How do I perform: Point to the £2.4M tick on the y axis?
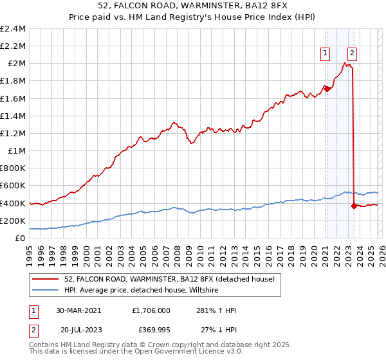pyautogui.click(x=13, y=29)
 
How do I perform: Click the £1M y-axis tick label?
pyautogui.click(x=17, y=151)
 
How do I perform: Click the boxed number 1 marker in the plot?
pyautogui.click(x=326, y=53)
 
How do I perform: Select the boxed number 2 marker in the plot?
pyautogui.click(x=353, y=53)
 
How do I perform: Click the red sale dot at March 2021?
pyautogui.click(x=327, y=89)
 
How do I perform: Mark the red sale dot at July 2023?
pyautogui.click(x=354, y=206)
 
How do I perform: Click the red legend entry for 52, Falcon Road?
pyautogui.click(x=170, y=279)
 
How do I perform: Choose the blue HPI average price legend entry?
pyautogui.click(x=142, y=291)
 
